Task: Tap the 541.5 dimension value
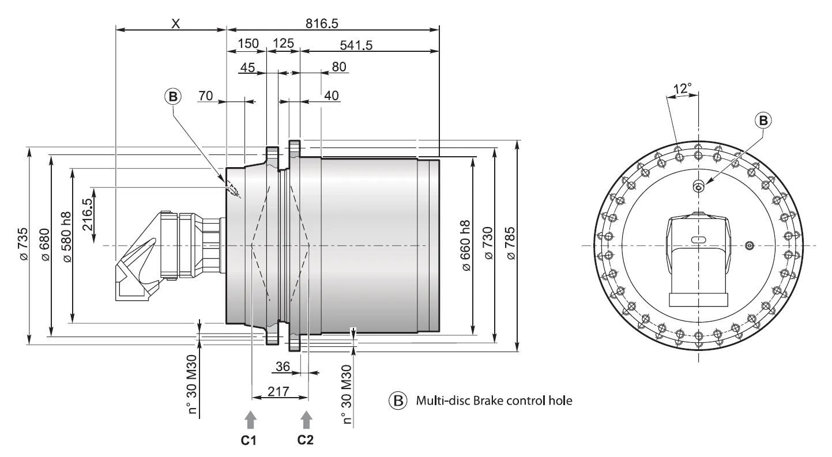coord(356,44)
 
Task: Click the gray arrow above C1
coord(250,419)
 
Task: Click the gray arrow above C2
coord(307,419)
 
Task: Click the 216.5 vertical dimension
coord(87,214)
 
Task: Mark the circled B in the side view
coord(172,97)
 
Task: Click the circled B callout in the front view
coord(763,120)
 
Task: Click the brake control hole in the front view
coord(698,186)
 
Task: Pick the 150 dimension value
coord(249,44)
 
